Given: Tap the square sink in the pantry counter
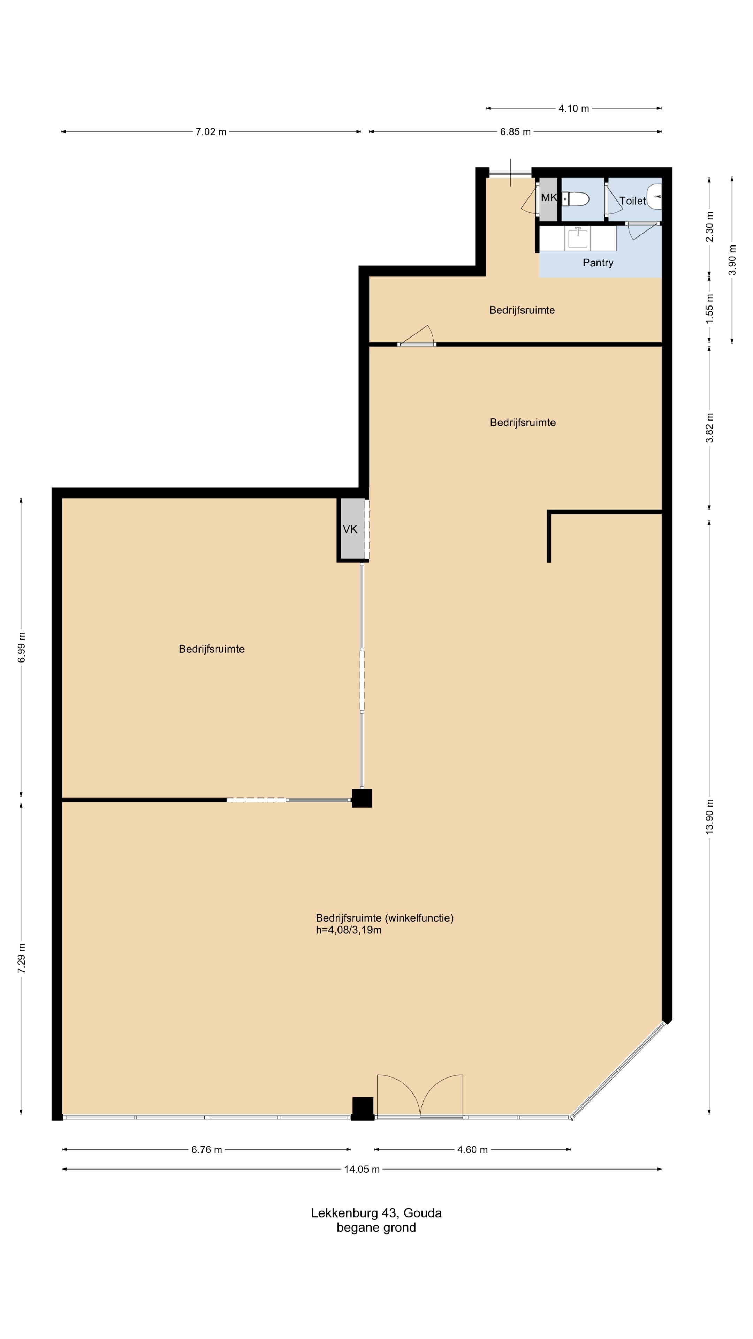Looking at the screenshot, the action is click(577, 238).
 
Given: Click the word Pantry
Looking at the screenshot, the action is click(598, 263).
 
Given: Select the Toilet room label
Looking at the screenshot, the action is click(632, 201).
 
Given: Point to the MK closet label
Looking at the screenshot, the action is click(549, 197).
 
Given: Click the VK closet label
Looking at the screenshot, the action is click(350, 529).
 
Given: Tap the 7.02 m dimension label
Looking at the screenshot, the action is click(211, 132).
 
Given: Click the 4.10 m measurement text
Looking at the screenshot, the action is click(574, 109).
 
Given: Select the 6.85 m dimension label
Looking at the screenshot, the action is click(516, 132).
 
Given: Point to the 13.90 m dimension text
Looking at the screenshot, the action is click(710, 816).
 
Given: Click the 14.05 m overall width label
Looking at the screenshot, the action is click(362, 1170).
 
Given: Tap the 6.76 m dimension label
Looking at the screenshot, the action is click(207, 1150).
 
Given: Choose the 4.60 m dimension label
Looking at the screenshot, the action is click(472, 1150).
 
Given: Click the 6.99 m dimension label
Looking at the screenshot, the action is click(21, 648).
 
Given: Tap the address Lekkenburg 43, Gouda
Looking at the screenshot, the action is click(376, 1213).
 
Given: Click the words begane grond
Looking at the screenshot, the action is click(376, 1228).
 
